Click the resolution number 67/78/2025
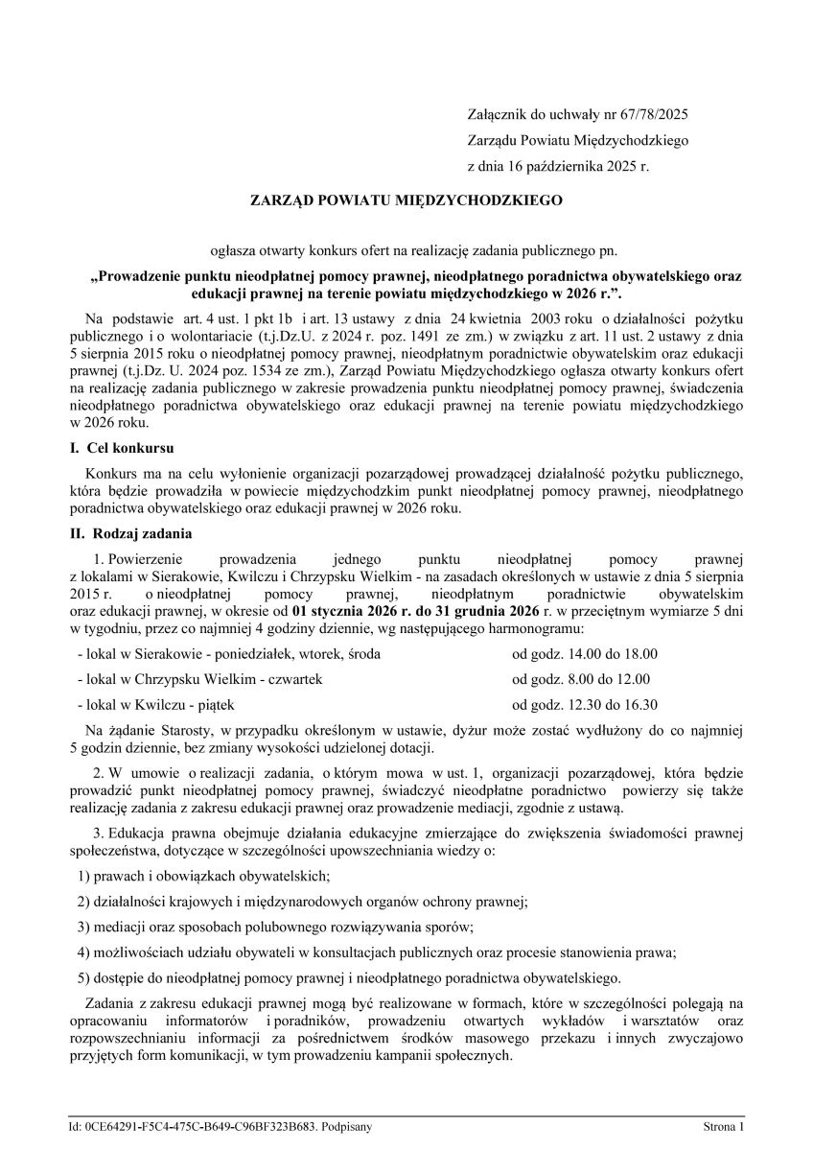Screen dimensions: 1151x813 coord(652,114)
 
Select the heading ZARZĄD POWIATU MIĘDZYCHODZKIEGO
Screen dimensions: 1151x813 coord(406,201)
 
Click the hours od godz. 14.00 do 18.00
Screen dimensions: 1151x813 coord(585,654)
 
